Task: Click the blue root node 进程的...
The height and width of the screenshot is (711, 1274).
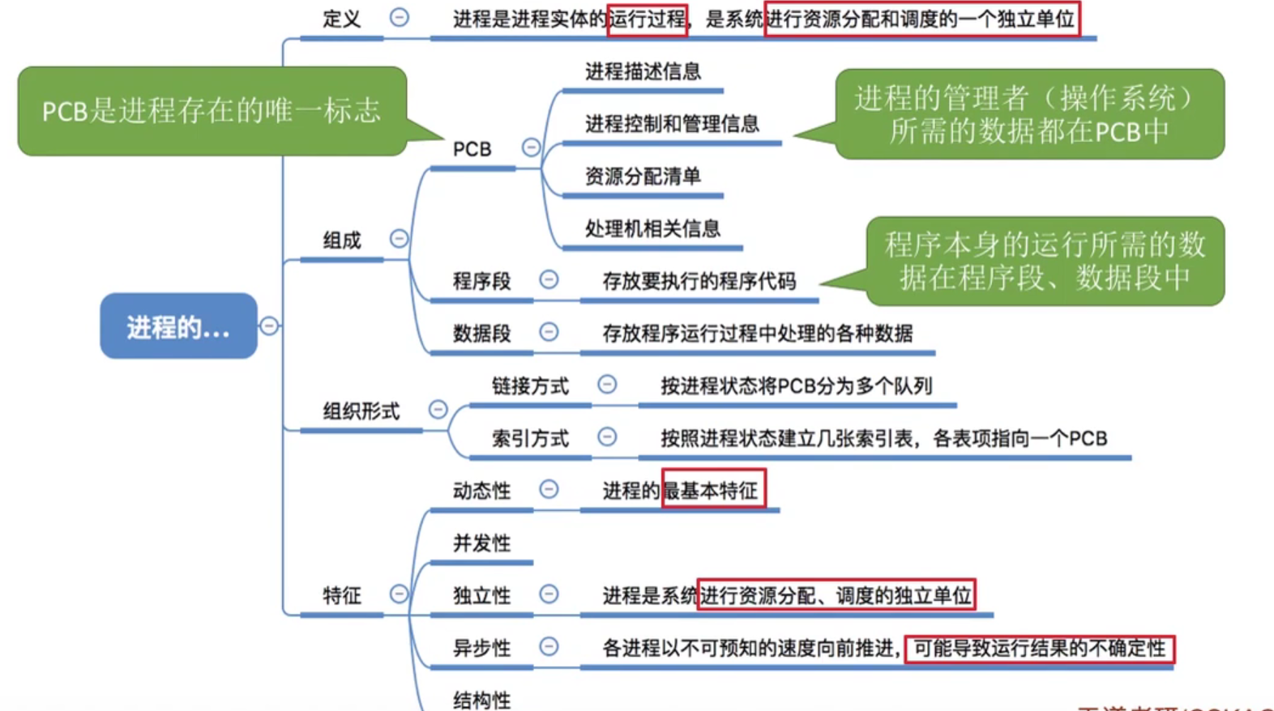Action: tap(178, 326)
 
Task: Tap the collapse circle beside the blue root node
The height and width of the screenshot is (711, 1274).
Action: tap(269, 326)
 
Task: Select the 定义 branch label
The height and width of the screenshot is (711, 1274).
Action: tap(341, 19)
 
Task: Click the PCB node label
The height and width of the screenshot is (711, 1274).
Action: tap(472, 150)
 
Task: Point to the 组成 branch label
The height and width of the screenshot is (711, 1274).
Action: tap(341, 241)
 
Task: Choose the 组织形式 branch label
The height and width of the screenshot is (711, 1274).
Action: tap(361, 411)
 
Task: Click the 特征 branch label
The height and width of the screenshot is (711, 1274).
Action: tap(341, 596)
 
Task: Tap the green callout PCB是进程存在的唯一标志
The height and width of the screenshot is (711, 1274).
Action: tap(212, 111)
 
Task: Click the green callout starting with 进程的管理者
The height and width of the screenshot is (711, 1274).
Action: tap(1028, 114)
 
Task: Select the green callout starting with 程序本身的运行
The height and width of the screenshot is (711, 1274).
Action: tap(1045, 261)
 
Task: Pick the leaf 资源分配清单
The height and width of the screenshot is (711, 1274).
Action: tap(643, 177)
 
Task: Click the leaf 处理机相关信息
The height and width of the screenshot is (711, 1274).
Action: tap(652, 229)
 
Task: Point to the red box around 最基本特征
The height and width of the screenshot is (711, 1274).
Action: tap(713, 489)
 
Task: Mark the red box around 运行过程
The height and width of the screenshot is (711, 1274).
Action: tap(648, 19)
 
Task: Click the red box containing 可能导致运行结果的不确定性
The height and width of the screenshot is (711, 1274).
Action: tap(1039, 648)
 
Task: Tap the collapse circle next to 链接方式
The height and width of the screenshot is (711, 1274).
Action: tap(607, 385)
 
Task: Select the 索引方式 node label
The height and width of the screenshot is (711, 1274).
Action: tap(530, 439)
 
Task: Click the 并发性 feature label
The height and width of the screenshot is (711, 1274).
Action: tap(481, 543)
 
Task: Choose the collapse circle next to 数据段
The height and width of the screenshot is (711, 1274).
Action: tap(549, 332)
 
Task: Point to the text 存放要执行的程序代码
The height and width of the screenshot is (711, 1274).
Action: tap(699, 281)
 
